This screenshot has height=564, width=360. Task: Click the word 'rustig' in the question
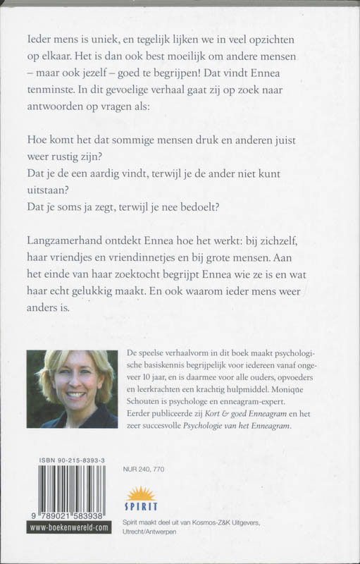click(x=87, y=154)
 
